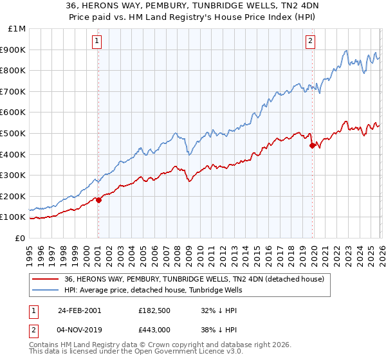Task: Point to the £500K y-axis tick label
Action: tap(14, 133)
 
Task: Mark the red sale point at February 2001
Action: tap(98, 200)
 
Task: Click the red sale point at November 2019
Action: tap(312, 145)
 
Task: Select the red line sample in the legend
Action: tap(46, 279)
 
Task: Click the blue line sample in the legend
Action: tap(46, 290)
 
